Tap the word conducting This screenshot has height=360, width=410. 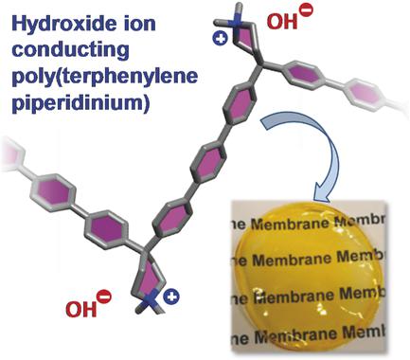point(58,43)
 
